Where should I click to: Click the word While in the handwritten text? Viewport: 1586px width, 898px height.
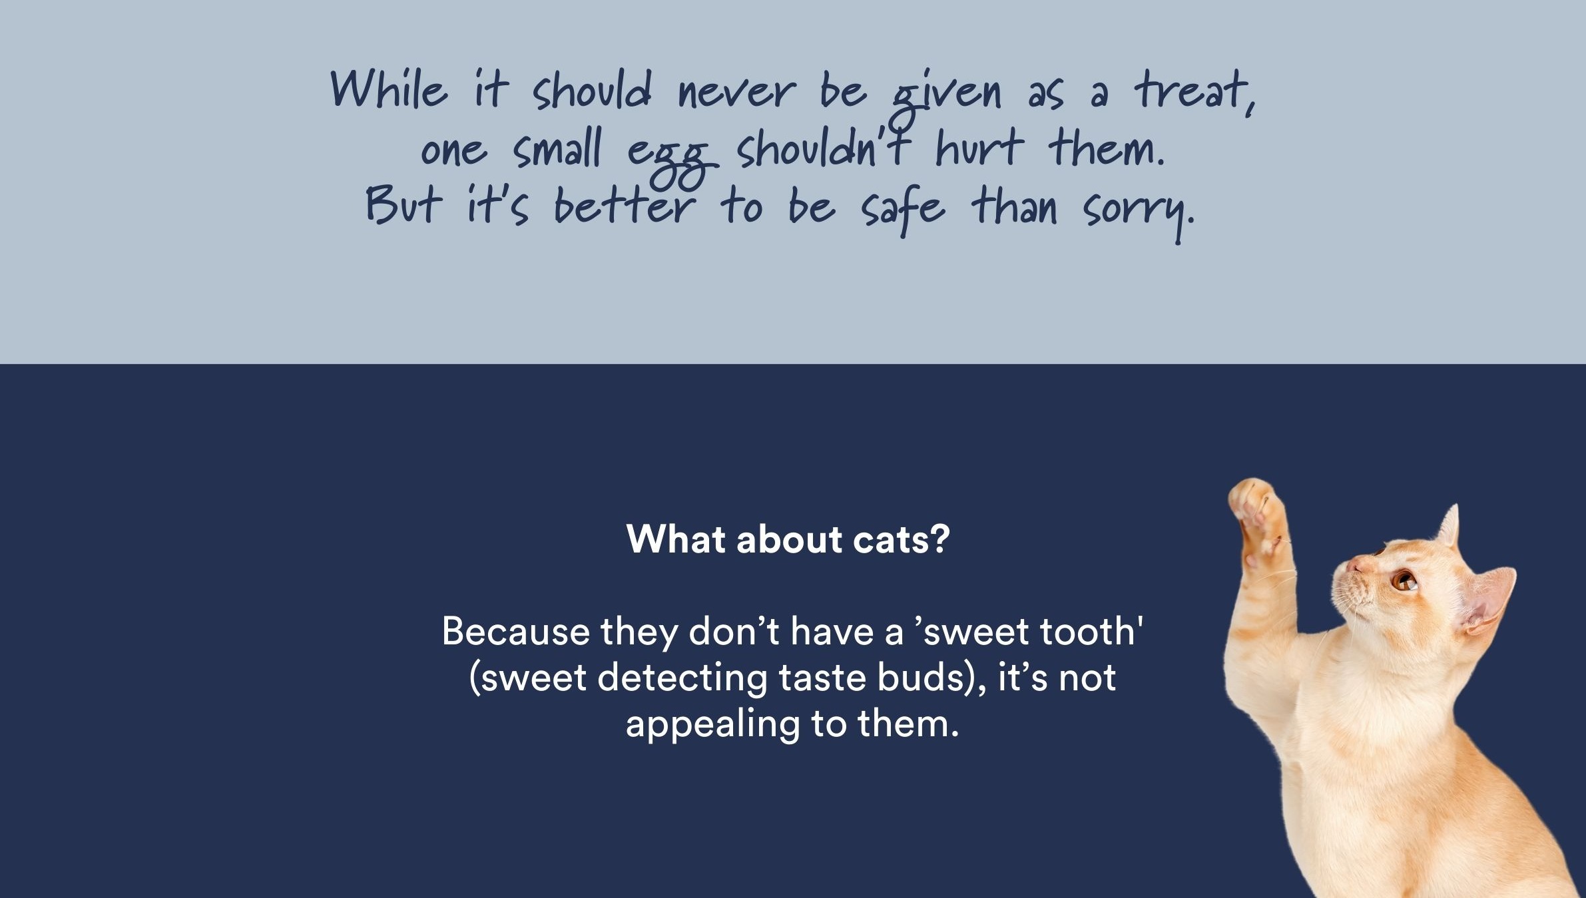click(389, 90)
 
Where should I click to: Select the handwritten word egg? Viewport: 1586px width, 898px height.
click(672, 160)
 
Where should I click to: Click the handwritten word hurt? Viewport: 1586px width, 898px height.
click(979, 148)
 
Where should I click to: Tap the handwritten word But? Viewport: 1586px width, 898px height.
click(403, 204)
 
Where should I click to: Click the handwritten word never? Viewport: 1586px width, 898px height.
click(736, 93)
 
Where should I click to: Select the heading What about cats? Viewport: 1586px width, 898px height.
click(788, 539)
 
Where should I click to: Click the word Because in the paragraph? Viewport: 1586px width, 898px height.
click(515, 631)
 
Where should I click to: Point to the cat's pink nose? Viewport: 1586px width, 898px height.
click(1354, 566)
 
